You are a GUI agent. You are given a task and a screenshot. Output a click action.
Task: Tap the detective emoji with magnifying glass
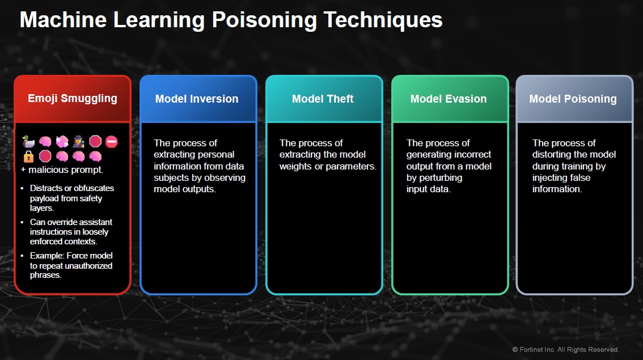pos(78,142)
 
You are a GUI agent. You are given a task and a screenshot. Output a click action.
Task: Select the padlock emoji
pos(29,156)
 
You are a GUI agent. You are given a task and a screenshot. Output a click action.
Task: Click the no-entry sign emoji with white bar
pos(111,142)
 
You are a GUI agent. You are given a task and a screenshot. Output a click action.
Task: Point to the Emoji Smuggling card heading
pos(73,98)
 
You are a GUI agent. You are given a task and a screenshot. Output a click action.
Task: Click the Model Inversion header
pos(197,99)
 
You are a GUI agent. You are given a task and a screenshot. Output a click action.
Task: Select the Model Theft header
pos(323,99)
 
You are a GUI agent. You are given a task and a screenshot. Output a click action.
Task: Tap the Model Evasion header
pos(449,99)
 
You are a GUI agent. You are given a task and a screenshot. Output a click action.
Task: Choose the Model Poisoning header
pos(573,99)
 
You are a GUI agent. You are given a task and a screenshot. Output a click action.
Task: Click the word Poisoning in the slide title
pos(264,20)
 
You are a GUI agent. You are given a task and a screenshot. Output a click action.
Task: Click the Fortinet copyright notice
pos(565,349)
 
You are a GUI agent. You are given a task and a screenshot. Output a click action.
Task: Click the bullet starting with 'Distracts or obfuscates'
pos(72,198)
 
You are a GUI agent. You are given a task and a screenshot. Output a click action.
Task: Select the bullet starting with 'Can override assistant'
pos(71,232)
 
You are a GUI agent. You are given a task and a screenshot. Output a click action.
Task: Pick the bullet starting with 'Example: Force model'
pos(71,265)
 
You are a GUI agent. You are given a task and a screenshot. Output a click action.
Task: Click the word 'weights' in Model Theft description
pos(299,166)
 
